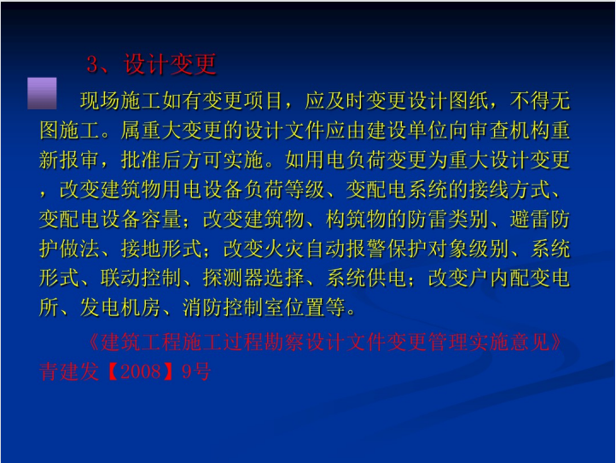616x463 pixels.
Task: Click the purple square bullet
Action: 42,93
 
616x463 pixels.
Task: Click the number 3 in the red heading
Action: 92,64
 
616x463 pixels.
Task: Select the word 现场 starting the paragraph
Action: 100,101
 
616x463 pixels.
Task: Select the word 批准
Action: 141,160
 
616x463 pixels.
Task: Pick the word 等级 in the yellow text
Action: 305,189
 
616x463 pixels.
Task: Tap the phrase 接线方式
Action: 509,189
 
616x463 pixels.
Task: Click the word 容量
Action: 161,219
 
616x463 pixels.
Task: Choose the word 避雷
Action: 530,219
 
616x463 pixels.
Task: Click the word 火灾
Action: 284,249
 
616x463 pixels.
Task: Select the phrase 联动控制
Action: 141,278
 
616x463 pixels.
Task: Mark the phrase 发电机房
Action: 120,308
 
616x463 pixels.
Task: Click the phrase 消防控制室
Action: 233,308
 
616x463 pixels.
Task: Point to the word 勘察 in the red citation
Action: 284,342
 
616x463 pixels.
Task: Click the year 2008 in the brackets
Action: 140,372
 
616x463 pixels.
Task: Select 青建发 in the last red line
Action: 69,372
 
